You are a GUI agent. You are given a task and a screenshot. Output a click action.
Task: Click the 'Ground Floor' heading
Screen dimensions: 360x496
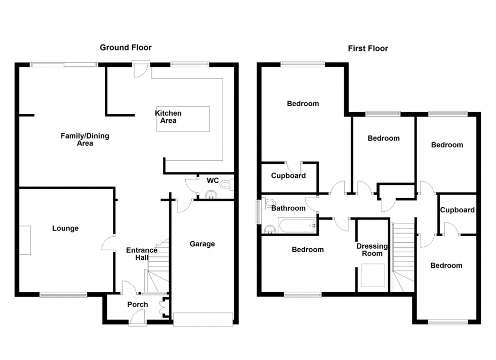tap(126, 48)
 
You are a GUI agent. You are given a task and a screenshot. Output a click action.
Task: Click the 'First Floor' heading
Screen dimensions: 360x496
tap(367, 49)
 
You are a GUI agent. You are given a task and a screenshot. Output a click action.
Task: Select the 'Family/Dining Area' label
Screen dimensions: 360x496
tap(85, 140)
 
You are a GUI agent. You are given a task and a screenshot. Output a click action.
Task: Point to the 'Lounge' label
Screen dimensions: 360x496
tap(65, 229)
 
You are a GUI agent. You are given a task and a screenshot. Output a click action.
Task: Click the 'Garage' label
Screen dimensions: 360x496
tap(202, 244)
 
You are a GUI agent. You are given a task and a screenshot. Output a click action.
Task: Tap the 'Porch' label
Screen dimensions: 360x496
tap(137, 304)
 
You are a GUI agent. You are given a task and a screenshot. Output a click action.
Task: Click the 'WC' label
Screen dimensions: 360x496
tap(212, 180)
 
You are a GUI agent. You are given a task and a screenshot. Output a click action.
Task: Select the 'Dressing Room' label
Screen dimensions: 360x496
tap(372, 250)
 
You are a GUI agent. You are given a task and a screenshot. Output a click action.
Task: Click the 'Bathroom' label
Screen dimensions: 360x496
tap(288, 208)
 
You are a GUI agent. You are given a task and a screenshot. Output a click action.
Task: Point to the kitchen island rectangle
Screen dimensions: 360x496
tap(183, 119)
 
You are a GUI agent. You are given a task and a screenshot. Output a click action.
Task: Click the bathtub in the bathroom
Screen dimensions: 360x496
tap(296, 226)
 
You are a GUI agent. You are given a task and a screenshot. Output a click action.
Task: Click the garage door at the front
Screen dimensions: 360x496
tap(203, 320)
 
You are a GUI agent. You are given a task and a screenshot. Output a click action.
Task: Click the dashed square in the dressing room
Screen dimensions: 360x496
tap(373, 275)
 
